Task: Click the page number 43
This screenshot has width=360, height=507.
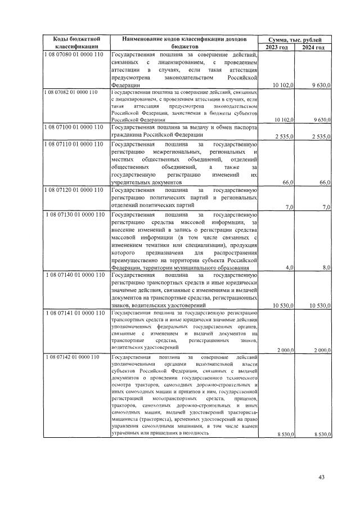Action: tap(322, 478)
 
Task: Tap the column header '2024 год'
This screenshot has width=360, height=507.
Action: tap(313, 47)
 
